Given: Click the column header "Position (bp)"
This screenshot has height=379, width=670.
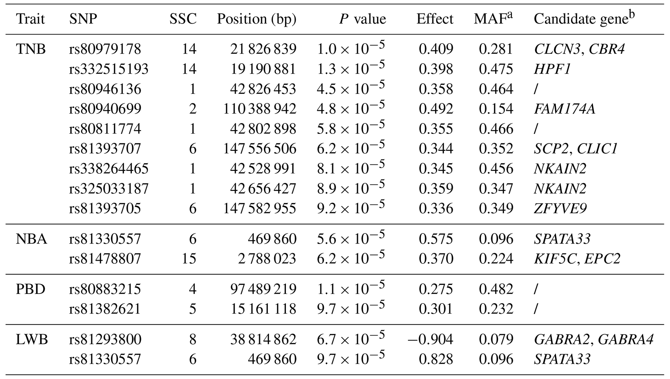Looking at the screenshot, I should [x=256, y=19].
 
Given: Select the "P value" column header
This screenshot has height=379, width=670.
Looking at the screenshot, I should [x=362, y=19].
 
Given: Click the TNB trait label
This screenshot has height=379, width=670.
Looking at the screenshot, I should [x=31, y=49].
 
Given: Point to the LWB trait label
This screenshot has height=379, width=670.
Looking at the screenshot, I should [x=32, y=340].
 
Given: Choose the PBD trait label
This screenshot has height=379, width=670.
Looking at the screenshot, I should [x=30, y=289].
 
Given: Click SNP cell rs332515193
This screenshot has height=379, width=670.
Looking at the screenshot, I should [x=109, y=69].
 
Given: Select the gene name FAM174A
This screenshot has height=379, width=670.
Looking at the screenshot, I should [x=564, y=109].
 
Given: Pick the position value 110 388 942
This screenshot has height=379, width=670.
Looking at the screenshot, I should [x=259, y=109].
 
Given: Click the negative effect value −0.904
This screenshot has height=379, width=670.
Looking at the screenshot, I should [x=430, y=340].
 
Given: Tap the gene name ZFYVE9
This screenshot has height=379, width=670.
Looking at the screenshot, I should [x=560, y=208].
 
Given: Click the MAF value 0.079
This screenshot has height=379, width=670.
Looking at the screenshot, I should [x=496, y=340].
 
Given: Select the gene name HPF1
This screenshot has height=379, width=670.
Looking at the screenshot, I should [x=552, y=69].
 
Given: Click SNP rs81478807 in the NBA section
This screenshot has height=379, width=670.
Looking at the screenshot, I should [x=105, y=259].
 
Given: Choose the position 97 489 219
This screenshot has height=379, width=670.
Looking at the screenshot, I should [x=263, y=289].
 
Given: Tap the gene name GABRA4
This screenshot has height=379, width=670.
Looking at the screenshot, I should [x=625, y=340].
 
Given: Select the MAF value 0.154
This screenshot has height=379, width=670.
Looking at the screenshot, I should [x=496, y=109].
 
